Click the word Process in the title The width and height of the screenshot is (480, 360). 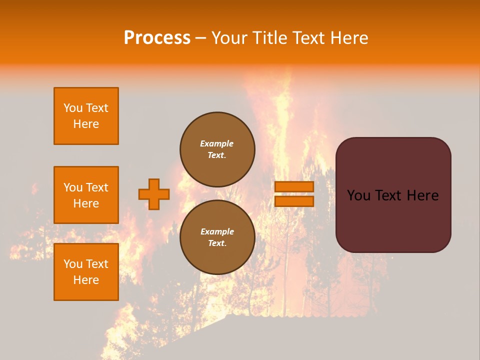coord(157,38)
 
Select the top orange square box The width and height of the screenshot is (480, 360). coord(86,116)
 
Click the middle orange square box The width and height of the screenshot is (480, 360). coord(86,195)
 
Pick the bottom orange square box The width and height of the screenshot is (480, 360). coord(86,271)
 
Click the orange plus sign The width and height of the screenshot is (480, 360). coord(154,194)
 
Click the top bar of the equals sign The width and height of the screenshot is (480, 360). coord(294,186)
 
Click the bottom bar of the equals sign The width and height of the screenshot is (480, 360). coord(294,201)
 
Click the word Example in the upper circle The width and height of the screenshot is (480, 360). coord(217,143)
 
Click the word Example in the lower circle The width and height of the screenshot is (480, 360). coord(217,231)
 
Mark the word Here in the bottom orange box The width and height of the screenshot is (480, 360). coord(86,280)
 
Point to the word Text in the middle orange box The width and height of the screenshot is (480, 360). coord(97,187)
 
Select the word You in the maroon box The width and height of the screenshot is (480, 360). coord(358,195)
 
